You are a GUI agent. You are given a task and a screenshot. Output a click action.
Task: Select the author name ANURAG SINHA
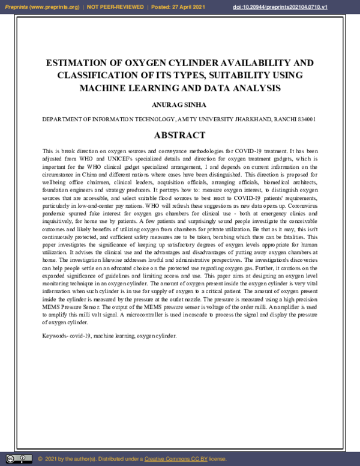pos(180,104)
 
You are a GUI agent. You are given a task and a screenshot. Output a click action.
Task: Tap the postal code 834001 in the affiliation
pos(307,120)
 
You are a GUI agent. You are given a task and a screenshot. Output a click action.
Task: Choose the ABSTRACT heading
pos(180,136)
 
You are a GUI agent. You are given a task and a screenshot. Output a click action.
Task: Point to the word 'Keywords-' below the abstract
pos(55,335)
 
